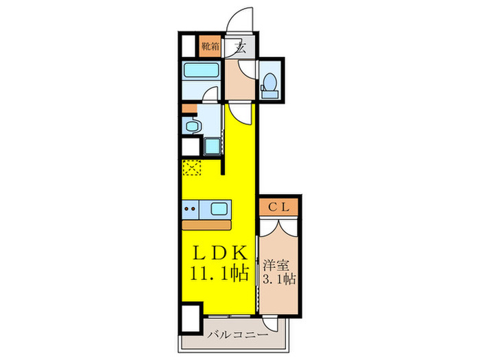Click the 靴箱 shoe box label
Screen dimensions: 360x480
click(x=210, y=48)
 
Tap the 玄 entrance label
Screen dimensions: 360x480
click(x=241, y=48)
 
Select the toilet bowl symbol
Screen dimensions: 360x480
click(x=269, y=82)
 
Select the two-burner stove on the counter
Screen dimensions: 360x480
click(x=191, y=208)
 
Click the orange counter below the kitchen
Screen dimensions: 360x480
click(x=208, y=225)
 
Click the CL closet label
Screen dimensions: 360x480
click(x=280, y=206)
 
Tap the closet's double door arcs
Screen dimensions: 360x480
click(x=280, y=226)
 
